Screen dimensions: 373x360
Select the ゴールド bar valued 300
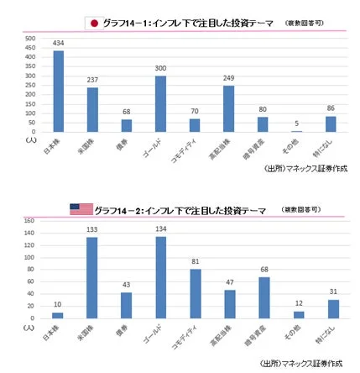tap(160, 103)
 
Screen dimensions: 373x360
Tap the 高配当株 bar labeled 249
tap(229, 108)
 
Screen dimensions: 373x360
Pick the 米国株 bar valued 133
tap(92, 277)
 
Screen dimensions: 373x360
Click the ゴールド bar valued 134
tap(160, 277)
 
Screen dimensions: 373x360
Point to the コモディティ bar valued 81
tap(195, 293)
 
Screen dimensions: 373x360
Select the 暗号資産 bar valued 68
tap(263, 297)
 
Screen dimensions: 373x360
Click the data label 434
tap(59, 44)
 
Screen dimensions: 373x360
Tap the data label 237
tap(92, 81)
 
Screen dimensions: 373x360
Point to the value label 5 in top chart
tap(297, 123)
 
